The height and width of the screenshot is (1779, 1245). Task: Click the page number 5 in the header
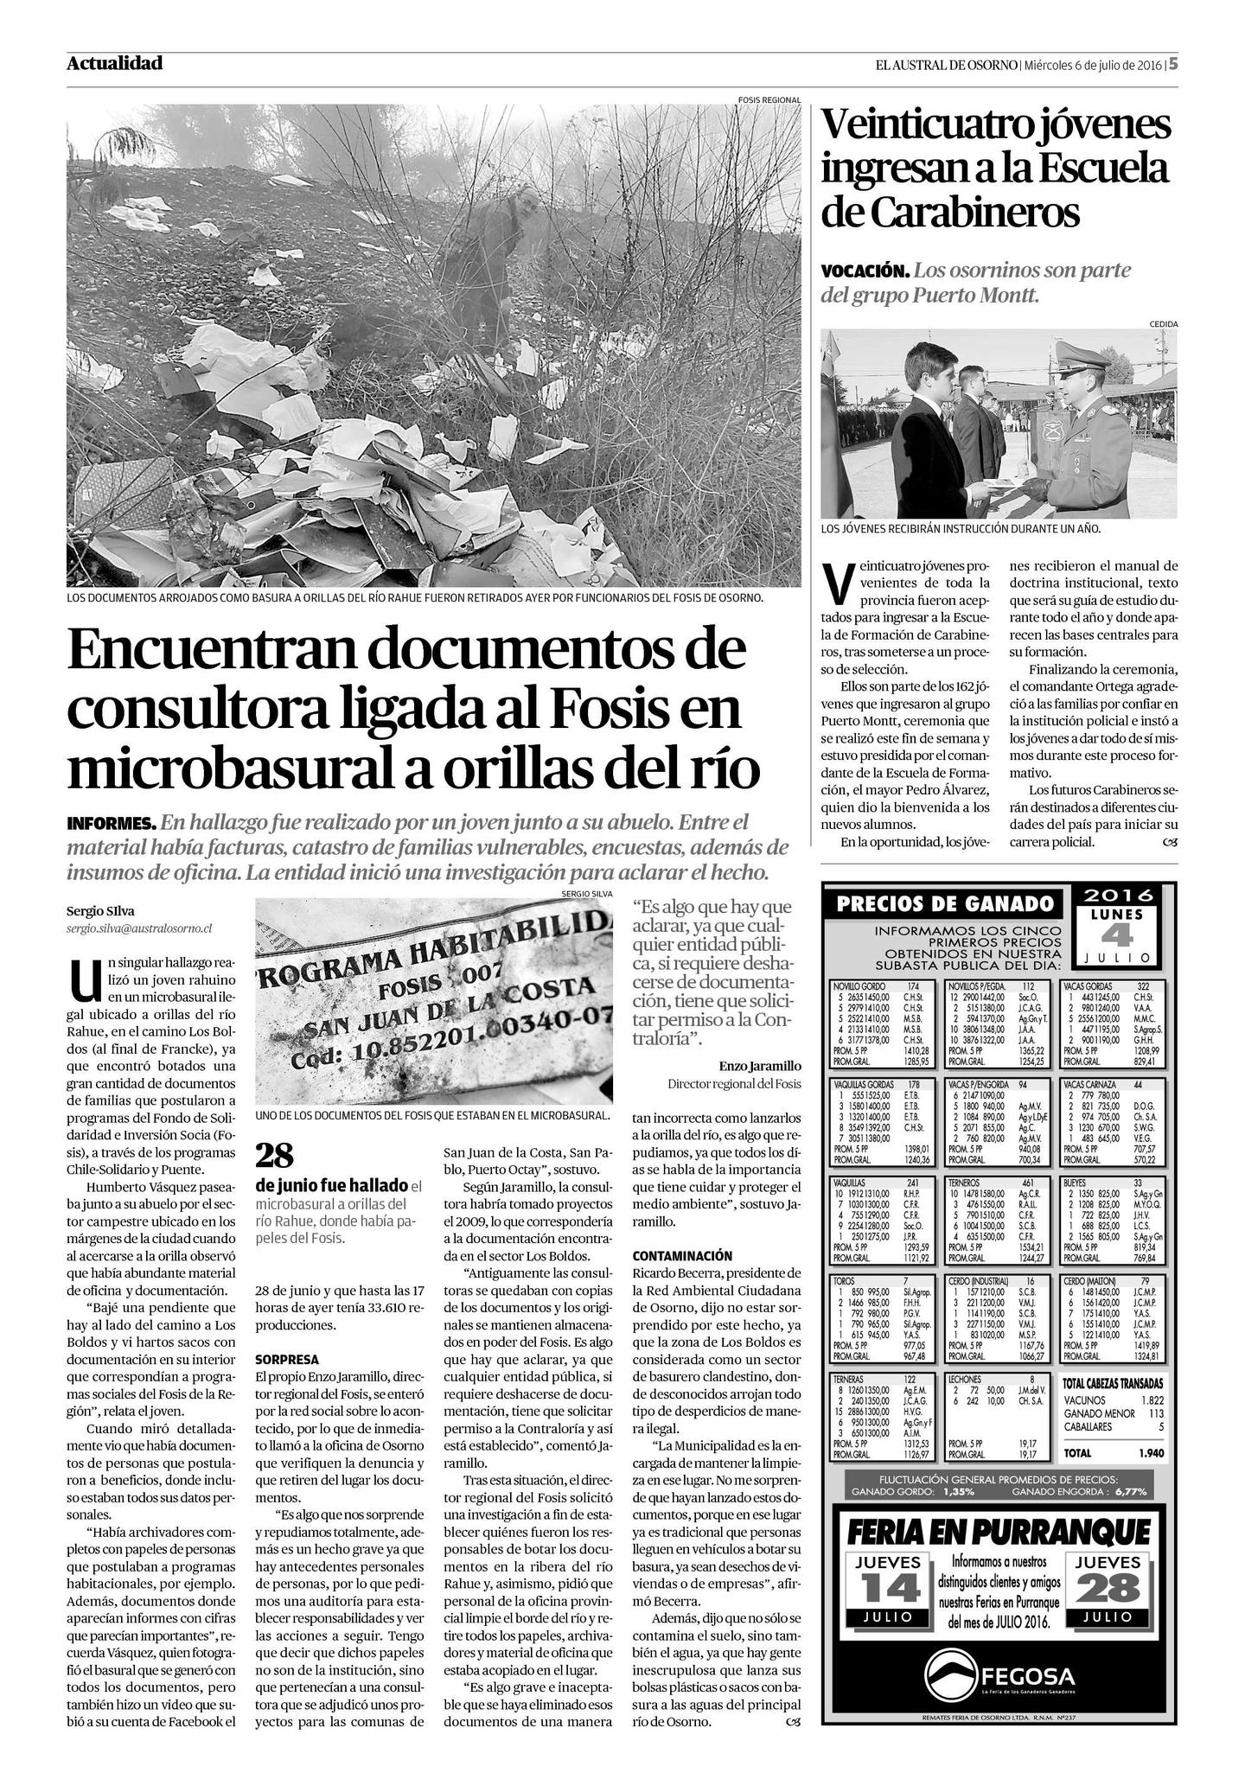coord(1173,65)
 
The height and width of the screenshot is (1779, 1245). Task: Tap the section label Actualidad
coord(114,63)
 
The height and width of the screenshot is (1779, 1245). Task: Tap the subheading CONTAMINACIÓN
coord(682,1255)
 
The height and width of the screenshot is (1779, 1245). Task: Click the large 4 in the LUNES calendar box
coord(1116,935)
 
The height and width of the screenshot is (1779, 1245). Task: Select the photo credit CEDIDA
coord(1163,324)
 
